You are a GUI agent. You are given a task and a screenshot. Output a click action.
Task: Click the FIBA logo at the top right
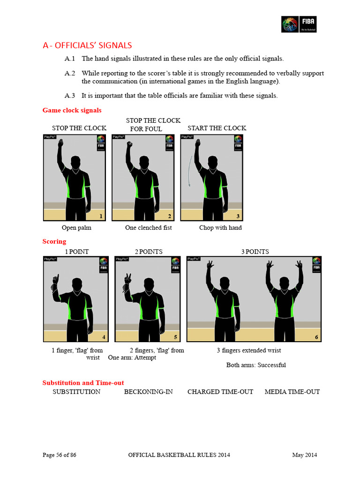click(299, 24)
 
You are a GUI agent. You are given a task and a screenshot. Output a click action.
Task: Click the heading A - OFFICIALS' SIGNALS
click(87, 45)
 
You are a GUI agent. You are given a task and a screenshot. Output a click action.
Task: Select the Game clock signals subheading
click(72, 110)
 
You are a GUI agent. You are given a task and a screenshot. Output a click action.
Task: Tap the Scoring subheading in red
click(54, 241)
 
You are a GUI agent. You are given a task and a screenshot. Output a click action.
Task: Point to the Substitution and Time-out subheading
click(83, 382)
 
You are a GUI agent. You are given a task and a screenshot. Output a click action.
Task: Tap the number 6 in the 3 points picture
click(316, 337)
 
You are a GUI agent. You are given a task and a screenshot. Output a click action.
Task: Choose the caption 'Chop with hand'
click(220, 228)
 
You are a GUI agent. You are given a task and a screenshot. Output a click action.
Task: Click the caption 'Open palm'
click(76, 228)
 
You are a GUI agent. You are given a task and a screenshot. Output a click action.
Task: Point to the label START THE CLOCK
click(217, 128)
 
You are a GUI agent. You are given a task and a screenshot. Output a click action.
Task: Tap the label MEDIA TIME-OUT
click(292, 391)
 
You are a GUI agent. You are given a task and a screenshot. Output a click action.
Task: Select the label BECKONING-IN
click(148, 391)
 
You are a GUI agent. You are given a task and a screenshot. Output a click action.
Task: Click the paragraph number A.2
click(70, 73)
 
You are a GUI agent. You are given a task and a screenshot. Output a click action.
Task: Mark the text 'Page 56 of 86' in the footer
click(60, 455)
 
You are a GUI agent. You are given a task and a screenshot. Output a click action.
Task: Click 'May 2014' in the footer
click(305, 455)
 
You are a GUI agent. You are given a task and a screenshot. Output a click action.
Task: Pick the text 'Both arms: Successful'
click(256, 365)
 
